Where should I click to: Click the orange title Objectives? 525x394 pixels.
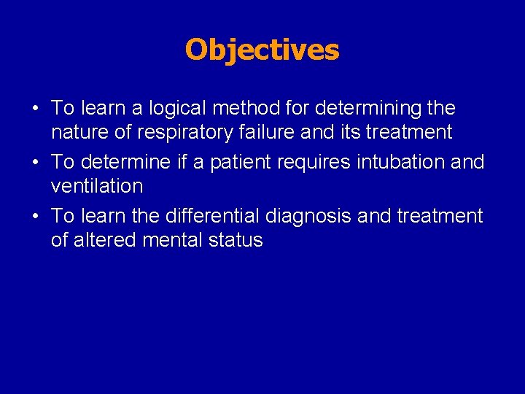tap(262, 50)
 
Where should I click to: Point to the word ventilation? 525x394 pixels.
tap(97, 186)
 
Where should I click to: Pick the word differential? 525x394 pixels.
tap(214, 216)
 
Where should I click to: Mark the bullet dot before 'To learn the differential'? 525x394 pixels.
tap(35, 217)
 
